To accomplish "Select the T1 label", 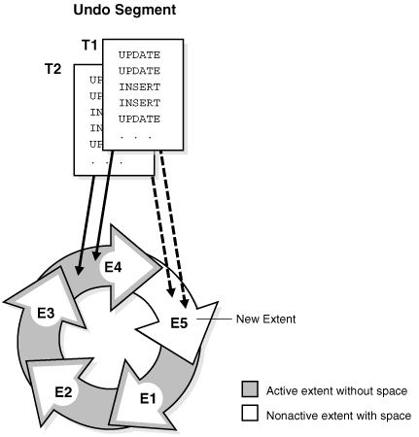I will pyautogui.click(x=88, y=46).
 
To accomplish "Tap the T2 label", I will pyautogui.click(x=55, y=69).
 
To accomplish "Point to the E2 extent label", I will pyautogui.click(x=63, y=391).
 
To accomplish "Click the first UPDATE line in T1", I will pyautogui.click(x=139, y=55).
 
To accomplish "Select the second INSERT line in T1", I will pyautogui.click(x=139, y=102).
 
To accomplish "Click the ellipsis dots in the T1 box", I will pyautogui.click(x=135, y=136).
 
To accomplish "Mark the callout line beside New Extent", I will pyautogui.click(x=213, y=319).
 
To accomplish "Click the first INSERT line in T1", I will pyautogui.click(x=139, y=86).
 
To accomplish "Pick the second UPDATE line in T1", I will pyautogui.click(x=139, y=71).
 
